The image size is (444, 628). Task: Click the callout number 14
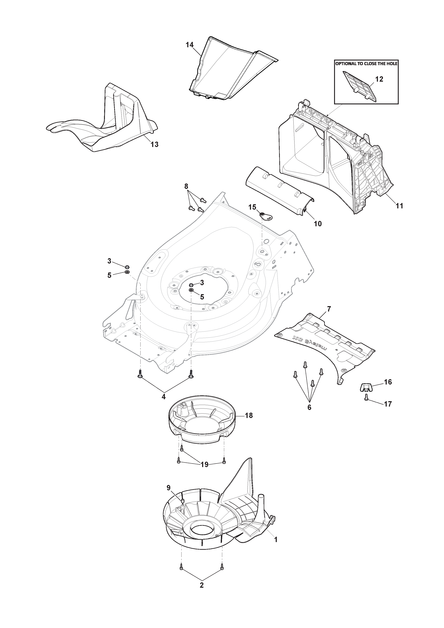click(190, 45)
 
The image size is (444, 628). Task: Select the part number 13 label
click(155, 144)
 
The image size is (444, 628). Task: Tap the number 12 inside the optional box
click(379, 79)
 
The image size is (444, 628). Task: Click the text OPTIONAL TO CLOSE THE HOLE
click(366, 63)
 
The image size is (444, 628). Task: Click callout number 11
click(399, 206)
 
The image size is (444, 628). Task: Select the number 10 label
click(318, 224)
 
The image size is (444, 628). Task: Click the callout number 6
click(309, 415)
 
